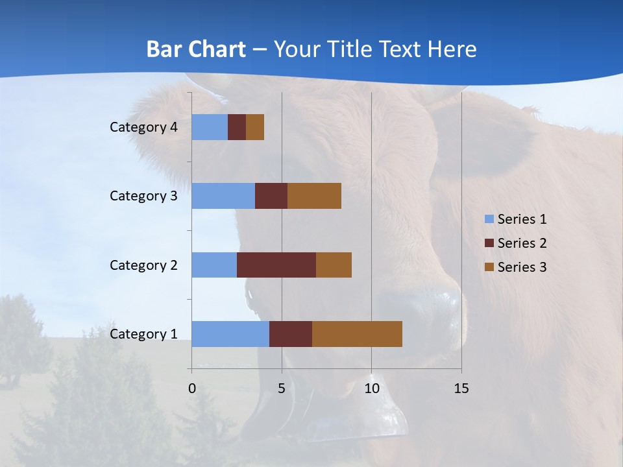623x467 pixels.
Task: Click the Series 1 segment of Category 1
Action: click(x=230, y=334)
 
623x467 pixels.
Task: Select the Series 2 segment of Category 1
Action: click(x=291, y=334)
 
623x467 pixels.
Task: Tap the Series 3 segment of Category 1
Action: click(x=357, y=334)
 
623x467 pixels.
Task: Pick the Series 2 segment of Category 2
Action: click(x=276, y=265)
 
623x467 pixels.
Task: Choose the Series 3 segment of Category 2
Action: click(x=334, y=265)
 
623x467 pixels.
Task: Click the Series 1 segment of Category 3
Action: click(x=223, y=196)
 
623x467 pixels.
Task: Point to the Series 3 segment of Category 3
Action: click(x=314, y=196)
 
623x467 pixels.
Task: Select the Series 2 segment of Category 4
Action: click(x=237, y=127)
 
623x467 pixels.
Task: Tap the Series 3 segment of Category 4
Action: click(x=255, y=127)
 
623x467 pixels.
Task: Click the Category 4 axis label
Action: click(x=143, y=127)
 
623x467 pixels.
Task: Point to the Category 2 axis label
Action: click(x=143, y=265)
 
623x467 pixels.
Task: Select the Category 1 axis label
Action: click(x=143, y=334)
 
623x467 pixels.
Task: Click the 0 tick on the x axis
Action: click(x=192, y=389)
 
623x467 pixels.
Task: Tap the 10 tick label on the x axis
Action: click(x=371, y=389)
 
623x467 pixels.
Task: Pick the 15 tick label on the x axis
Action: click(x=461, y=389)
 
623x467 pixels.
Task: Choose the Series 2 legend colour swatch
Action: click(x=489, y=243)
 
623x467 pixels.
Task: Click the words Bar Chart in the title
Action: click(x=196, y=49)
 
